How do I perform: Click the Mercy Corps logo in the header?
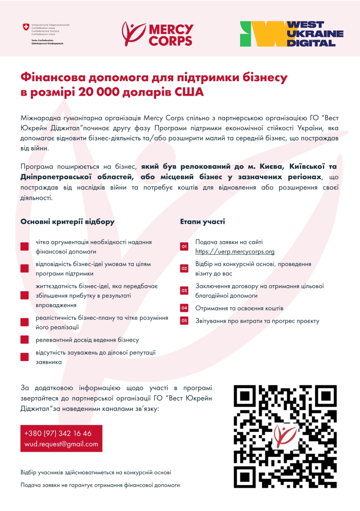coord(158,34)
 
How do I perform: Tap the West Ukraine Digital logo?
coord(292,33)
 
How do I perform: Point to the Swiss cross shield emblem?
coord(26,27)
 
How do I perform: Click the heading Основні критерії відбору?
coord(68,222)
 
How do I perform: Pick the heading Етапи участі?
coord(203,222)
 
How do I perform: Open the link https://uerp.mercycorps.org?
coord(235,251)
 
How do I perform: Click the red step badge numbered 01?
coord(184,246)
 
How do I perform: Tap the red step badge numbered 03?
coord(184,291)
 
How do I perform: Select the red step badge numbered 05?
coord(184,321)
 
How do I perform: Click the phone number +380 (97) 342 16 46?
coord(58,434)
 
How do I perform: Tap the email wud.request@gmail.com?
coord(61,444)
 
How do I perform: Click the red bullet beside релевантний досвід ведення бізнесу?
coord(25,340)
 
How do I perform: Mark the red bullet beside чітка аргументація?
coord(25,246)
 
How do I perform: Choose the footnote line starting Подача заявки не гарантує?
coord(100,485)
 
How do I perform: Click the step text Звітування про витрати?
coord(257,321)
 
